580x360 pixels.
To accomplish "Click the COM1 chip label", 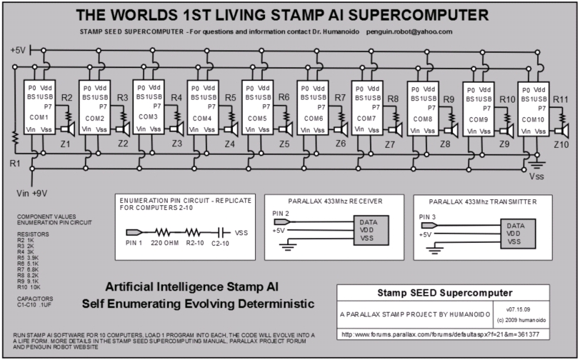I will (39, 116).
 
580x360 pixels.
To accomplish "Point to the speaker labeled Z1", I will (70, 129).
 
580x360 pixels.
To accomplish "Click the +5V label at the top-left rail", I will (18, 50).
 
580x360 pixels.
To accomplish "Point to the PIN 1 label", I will (134, 242).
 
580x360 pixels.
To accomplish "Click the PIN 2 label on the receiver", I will (281, 213).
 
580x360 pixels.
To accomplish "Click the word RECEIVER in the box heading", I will (357, 201).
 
